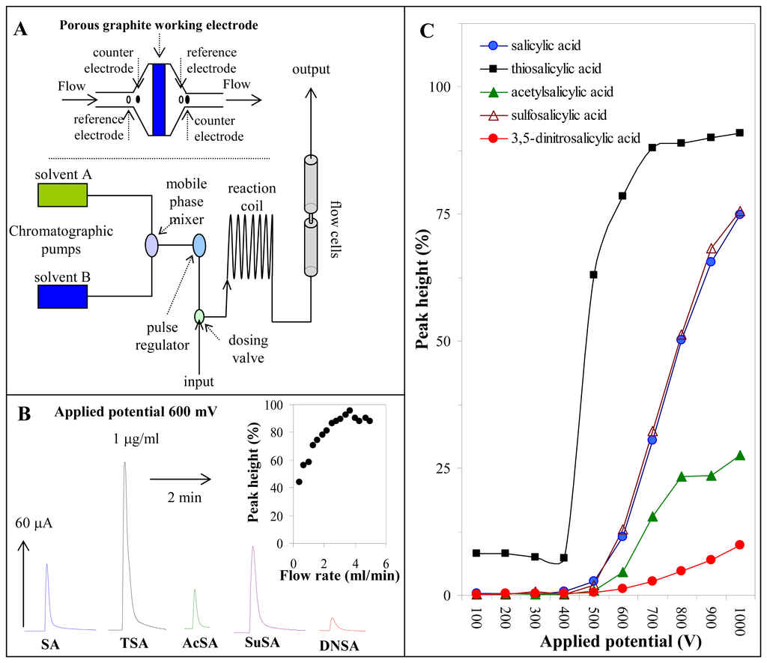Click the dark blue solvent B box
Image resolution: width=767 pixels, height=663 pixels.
point(62,296)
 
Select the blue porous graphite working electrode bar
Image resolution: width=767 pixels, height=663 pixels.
point(158,99)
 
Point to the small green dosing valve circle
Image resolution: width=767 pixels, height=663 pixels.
point(199,316)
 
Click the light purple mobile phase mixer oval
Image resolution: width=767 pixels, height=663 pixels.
point(151,245)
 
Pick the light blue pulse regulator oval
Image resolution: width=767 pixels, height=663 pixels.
point(199,245)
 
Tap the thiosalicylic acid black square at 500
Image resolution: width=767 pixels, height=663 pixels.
point(593,274)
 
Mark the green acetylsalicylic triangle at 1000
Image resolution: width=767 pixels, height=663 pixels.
point(740,455)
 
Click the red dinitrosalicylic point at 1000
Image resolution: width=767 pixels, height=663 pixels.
point(740,545)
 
